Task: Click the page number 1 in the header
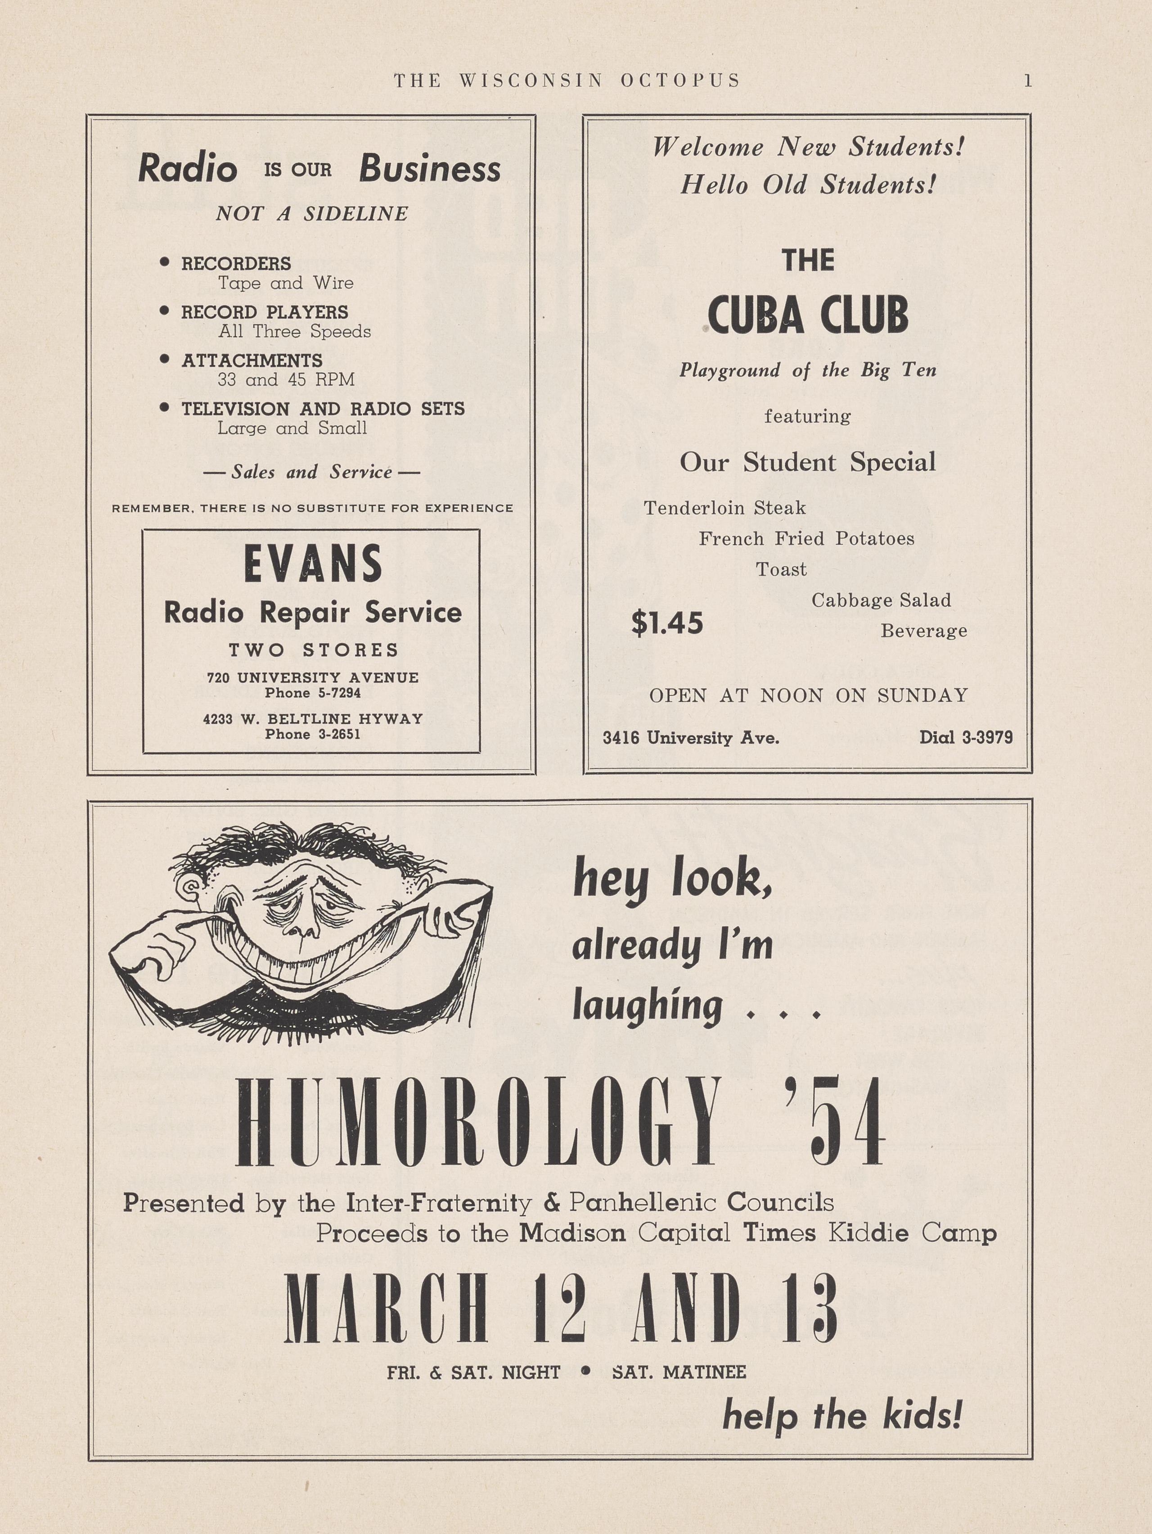point(1028,81)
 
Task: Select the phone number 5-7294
point(336,693)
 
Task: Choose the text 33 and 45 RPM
point(286,380)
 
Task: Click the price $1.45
point(667,623)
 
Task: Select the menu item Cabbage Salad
point(881,600)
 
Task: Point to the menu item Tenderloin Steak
point(724,508)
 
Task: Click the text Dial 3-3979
point(966,737)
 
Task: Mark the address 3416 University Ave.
point(690,738)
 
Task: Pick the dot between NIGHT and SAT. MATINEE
point(586,1371)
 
